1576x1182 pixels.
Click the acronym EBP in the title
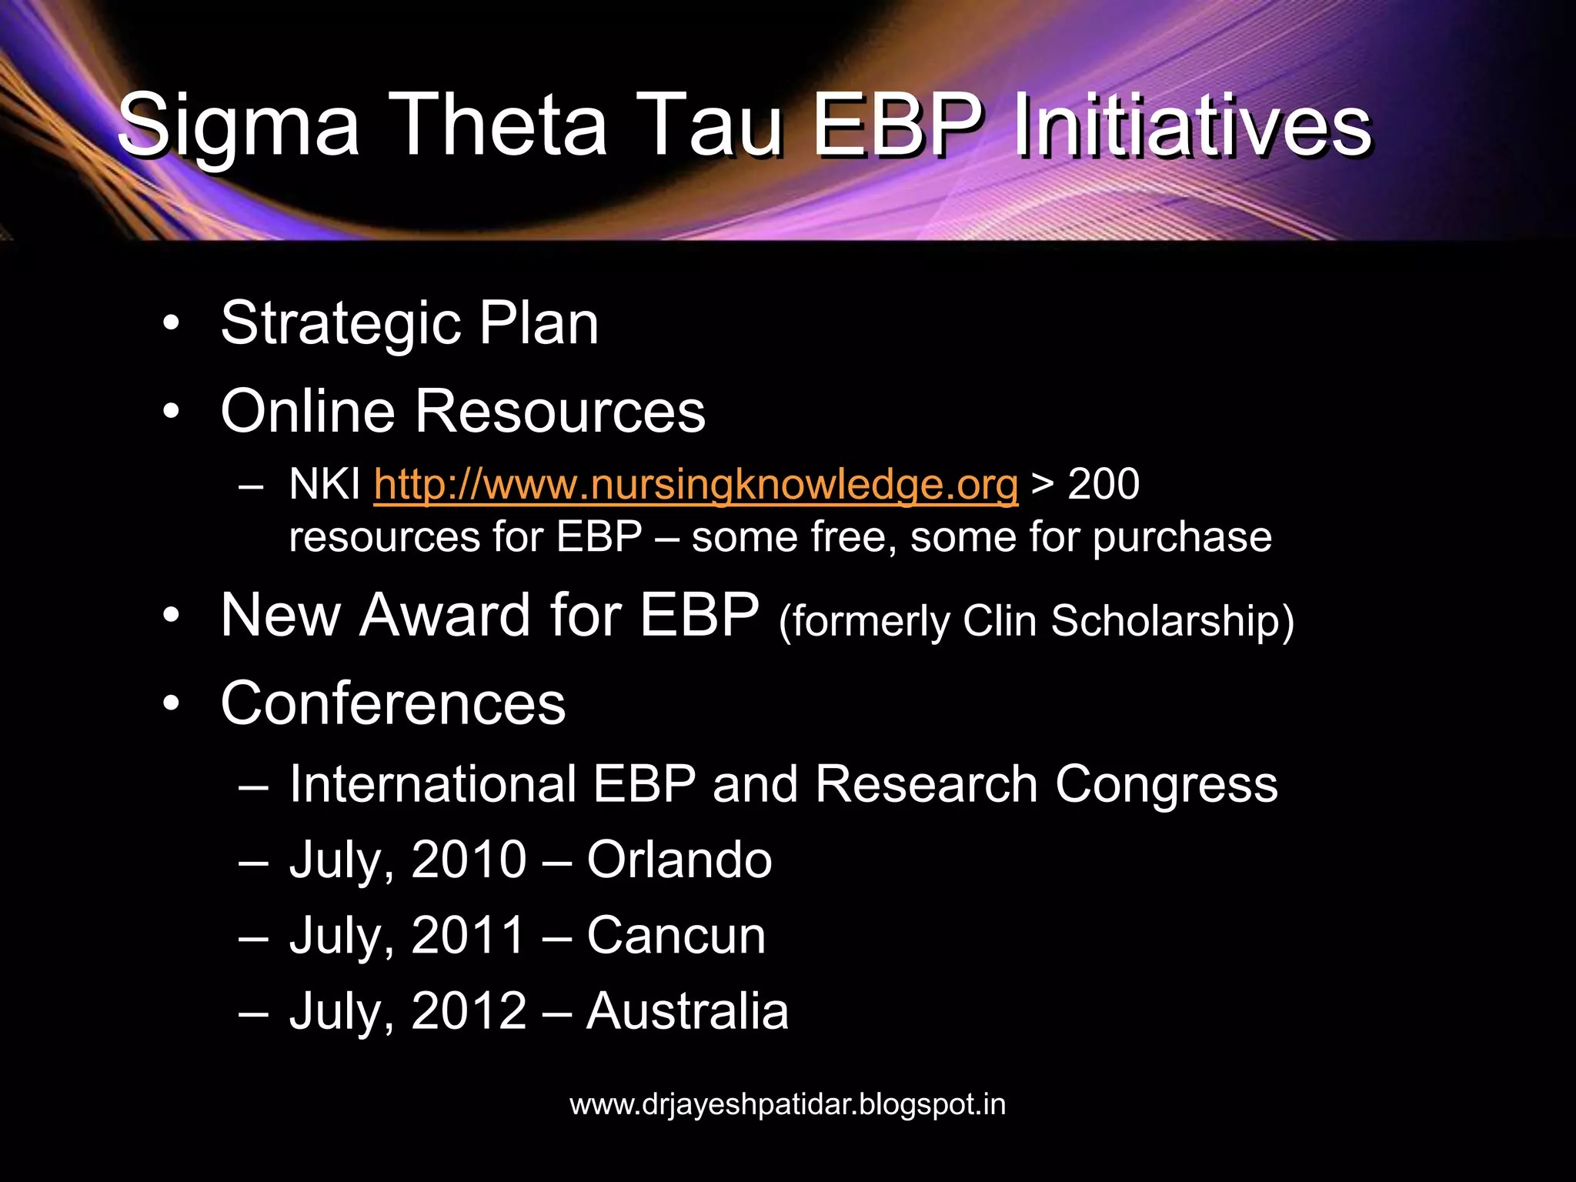[897, 125]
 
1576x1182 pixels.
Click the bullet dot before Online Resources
[171, 411]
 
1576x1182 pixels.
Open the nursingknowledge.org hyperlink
[696, 485]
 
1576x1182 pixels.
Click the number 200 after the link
[1104, 485]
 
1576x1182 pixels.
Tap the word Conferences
[393, 703]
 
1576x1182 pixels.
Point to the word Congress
[1166, 785]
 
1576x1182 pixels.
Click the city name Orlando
[679, 860]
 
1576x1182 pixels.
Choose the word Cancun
[676, 936]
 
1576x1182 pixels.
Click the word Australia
[687, 1011]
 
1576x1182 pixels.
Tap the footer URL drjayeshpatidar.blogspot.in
[787, 1104]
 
